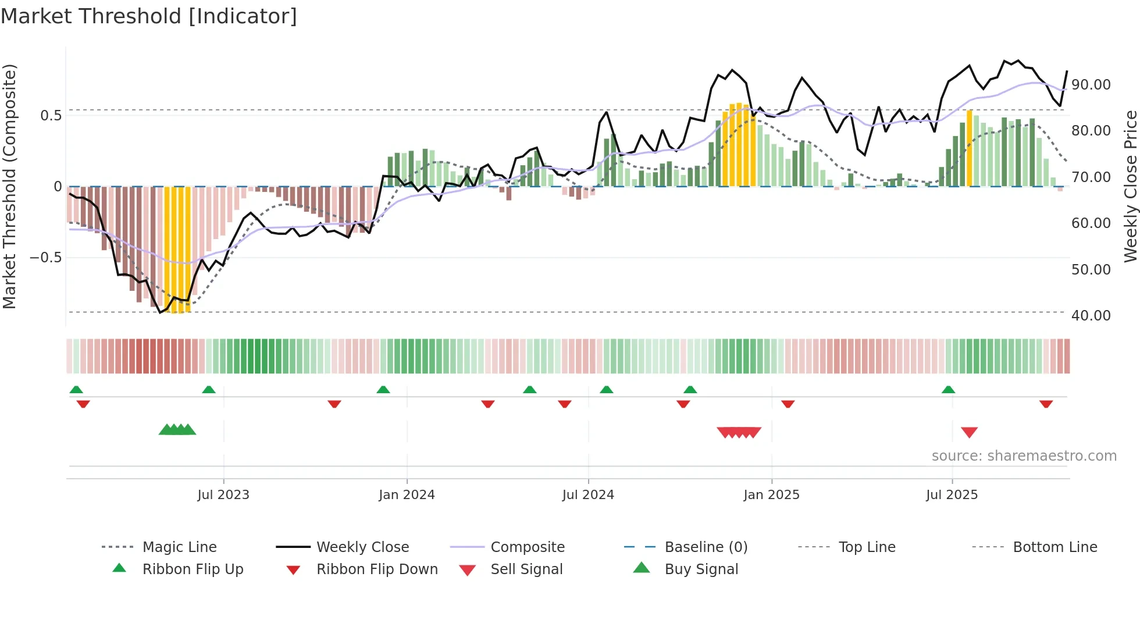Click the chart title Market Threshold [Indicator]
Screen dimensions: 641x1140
(149, 16)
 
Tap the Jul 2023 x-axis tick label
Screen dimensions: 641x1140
(223, 495)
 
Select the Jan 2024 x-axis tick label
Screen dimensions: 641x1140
(407, 495)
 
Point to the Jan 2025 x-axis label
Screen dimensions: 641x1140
(771, 495)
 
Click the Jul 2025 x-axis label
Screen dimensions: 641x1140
(952, 495)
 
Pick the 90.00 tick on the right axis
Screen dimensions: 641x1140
(1091, 85)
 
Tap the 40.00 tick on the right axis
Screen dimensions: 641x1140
(1091, 316)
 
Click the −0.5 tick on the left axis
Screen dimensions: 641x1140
(46, 258)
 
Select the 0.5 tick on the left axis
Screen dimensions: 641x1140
(51, 116)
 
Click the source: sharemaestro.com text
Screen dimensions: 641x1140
(1024, 456)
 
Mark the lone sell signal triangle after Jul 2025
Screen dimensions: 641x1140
(969, 432)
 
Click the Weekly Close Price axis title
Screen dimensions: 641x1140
(1130, 186)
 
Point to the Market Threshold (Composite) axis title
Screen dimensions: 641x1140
(9, 186)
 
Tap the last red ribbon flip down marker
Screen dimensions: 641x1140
(1046, 404)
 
